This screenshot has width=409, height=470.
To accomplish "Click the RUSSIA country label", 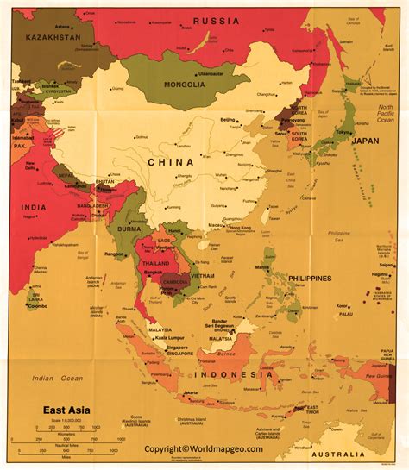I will coord(217,20).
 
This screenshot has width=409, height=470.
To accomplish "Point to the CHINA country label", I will coord(170,161).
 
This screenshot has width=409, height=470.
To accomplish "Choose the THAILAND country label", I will coord(155,263).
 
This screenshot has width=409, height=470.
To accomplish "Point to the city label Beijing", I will coord(228,120).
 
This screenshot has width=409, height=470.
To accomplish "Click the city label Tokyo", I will coord(343,132).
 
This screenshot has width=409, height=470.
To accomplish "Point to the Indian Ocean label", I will coord(54,379).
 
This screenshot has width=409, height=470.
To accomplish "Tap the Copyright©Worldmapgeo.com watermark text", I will coord(204,450).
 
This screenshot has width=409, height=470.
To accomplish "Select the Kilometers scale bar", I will coord(70,429).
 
